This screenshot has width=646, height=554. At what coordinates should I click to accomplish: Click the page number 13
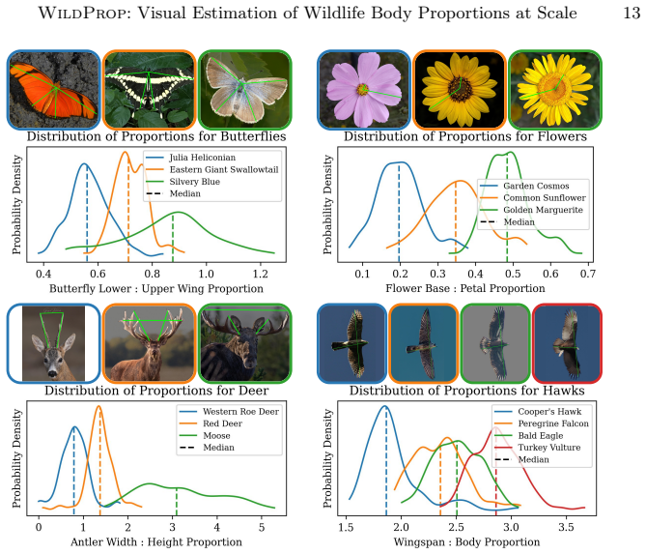point(632,13)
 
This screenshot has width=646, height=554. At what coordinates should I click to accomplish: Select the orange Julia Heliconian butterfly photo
point(53,90)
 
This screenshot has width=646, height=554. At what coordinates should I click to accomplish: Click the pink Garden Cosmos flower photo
point(364,90)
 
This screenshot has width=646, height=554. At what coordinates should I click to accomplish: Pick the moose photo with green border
point(245,343)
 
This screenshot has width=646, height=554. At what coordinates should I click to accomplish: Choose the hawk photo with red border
point(567,343)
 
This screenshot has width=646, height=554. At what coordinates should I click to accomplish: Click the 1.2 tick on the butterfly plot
point(260,274)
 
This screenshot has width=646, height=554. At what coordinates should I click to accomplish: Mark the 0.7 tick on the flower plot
point(588,274)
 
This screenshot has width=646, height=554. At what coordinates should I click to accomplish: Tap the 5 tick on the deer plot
point(262,527)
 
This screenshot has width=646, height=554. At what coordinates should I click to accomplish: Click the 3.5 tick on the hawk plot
point(566,527)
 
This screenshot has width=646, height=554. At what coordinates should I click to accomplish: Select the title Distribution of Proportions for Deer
point(156,391)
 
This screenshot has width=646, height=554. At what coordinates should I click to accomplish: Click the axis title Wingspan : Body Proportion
point(466,542)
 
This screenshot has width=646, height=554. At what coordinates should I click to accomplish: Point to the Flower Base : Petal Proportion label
point(465,288)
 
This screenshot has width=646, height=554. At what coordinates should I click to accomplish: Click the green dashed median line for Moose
point(177,501)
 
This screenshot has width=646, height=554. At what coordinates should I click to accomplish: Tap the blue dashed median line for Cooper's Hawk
point(386,461)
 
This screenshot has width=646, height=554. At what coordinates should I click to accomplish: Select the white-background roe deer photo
point(53,343)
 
